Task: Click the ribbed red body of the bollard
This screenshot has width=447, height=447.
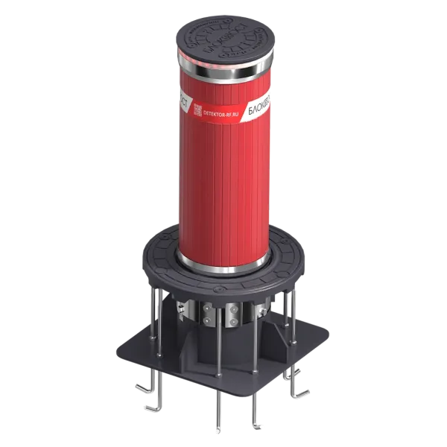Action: (x=223, y=186)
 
